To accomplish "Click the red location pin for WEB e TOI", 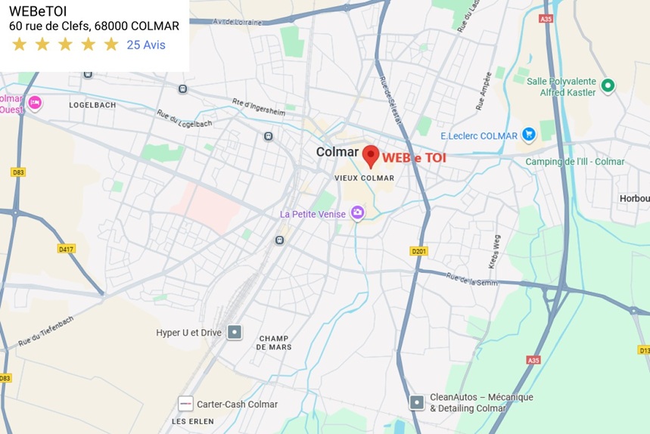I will click(x=370, y=155).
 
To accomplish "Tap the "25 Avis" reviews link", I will click(x=146, y=45).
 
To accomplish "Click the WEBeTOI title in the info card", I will click(x=38, y=11).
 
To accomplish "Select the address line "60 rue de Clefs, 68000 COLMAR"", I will click(x=94, y=26).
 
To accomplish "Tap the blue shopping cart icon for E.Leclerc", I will click(x=529, y=135).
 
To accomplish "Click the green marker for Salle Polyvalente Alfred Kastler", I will click(x=608, y=86).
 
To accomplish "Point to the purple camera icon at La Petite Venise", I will click(x=358, y=214).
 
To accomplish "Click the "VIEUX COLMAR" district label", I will click(x=365, y=178).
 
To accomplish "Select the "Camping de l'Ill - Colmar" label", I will click(x=575, y=162).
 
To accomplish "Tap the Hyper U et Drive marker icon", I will click(x=235, y=332).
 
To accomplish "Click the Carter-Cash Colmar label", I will click(x=237, y=404).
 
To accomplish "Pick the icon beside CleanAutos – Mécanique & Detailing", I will click(x=417, y=402).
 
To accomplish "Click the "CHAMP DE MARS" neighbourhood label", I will click(x=274, y=343).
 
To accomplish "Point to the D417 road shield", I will click(x=67, y=248).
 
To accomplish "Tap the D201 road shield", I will click(x=418, y=250).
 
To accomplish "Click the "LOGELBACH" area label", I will click(x=92, y=105).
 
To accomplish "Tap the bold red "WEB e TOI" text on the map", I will click(x=414, y=158).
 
